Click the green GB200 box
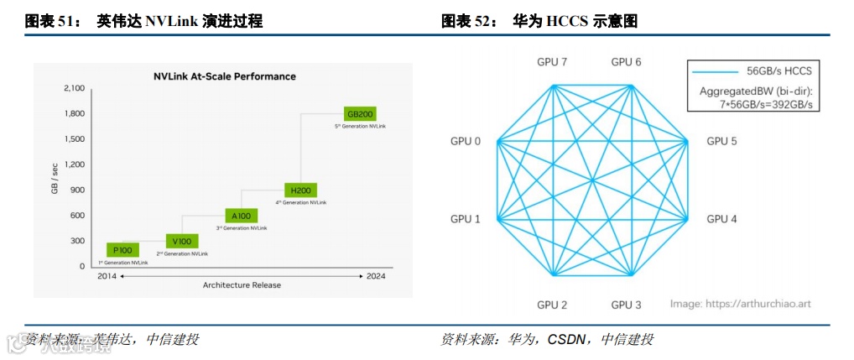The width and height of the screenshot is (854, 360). pyautogui.click(x=359, y=113)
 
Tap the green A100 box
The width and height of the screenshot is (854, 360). pyautogui.click(x=241, y=216)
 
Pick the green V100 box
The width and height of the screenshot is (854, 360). pyautogui.click(x=182, y=241)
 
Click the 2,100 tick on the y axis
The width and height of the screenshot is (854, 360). pyautogui.click(x=74, y=88)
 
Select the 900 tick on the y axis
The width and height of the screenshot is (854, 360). pyautogui.click(x=77, y=190)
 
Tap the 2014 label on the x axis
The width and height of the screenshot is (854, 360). pyautogui.click(x=107, y=275)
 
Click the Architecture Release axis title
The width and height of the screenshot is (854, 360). pyautogui.click(x=242, y=285)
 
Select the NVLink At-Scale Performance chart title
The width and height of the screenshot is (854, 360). pyautogui.click(x=224, y=76)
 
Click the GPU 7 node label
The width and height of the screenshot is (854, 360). pyautogui.click(x=552, y=62)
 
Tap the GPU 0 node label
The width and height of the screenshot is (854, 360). pyautogui.click(x=466, y=141)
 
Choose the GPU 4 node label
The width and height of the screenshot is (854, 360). pyautogui.click(x=721, y=219)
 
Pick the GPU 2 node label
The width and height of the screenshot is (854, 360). pyautogui.click(x=552, y=305)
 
